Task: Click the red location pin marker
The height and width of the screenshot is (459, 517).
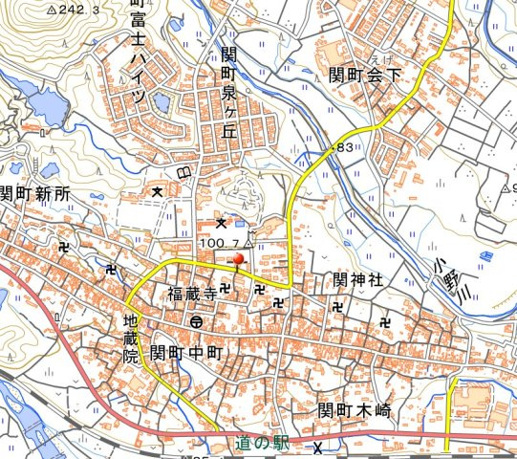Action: tap(238, 256)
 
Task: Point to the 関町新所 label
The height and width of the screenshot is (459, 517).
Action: tap(35, 193)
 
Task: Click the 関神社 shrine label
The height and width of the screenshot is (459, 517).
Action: tap(358, 279)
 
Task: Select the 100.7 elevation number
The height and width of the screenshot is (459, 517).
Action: tap(218, 244)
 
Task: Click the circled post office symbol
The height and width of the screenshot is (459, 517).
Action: tap(195, 321)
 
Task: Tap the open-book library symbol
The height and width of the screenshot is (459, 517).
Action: tap(183, 172)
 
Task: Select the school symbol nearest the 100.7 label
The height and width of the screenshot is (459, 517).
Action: tap(221, 223)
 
